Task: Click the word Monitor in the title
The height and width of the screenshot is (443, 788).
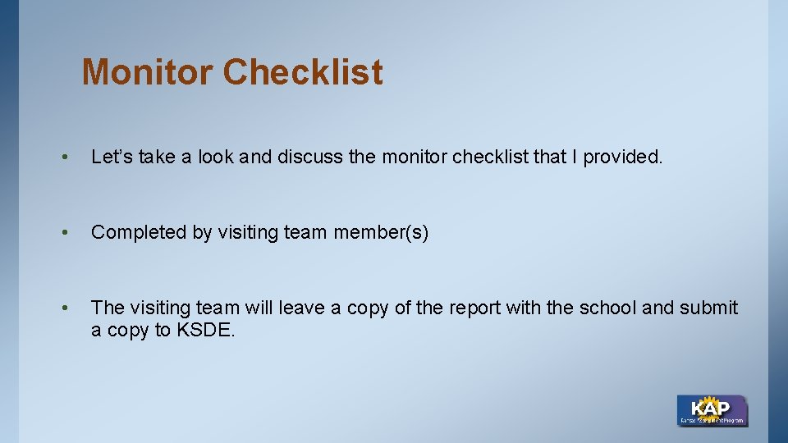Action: click(x=148, y=72)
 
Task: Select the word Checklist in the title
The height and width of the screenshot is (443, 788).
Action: click(x=302, y=72)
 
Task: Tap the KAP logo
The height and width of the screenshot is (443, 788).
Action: click(x=712, y=410)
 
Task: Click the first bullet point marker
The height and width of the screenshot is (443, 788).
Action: click(x=63, y=158)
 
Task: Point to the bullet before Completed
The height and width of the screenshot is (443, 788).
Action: click(x=63, y=233)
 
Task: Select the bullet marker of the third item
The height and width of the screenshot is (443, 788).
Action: click(x=63, y=308)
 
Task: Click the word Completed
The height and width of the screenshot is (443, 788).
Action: click(x=139, y=232)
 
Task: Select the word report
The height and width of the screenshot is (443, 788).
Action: click(x=473, y=308)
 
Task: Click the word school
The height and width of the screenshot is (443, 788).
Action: click(x=607, y=308)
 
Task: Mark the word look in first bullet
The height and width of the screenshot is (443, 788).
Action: click(x=220, y=157)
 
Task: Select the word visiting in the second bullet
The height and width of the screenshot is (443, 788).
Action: click(x=248, y=232)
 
